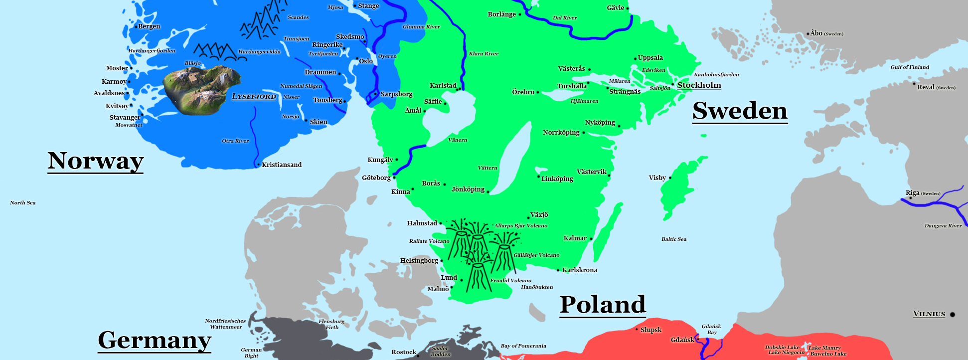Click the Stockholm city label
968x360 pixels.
(x=699, y=85)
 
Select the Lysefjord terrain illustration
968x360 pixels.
(x=202, y=90)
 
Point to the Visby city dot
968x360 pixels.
(x=670, y=178)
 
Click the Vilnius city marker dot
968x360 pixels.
(x=952, y=314)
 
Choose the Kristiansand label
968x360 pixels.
(x=282, y=165)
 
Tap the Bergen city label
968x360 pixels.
(x=149, y=26)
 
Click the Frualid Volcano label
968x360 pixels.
(x=510, y=280)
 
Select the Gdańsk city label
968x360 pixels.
(x=682, y=340)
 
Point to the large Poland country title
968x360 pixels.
(x=603, y=305)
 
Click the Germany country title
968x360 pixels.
(x=155, y=340)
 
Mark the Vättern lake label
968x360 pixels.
(x=487, y=168)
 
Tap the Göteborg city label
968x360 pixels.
(x=376, y=178)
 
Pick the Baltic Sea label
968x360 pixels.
(x=674, y=239)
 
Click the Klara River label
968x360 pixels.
(x=484, y=53)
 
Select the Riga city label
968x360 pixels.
(x=913, y=193)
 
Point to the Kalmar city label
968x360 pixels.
(x=575, y=238)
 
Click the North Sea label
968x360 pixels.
(x=23, y=202)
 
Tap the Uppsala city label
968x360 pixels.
(x=650, y=57)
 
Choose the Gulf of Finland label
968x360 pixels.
(x=910, y=67)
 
